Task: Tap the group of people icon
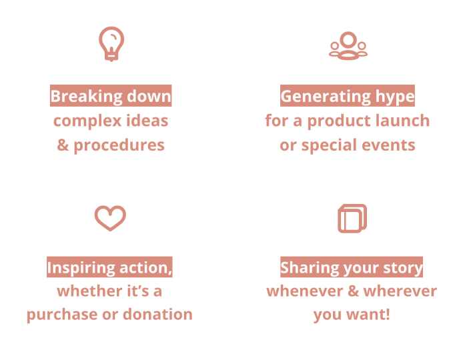(348, 46)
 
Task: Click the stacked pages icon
(352, 219)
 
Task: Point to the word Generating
(326, 97)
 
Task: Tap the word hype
(395, 97)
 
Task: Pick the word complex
(87, 121)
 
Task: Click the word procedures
(119, 145)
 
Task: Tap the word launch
(402, 121)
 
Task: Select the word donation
(157, 314)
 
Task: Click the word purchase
(62, 315)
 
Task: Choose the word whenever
(305, 291)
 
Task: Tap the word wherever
(400, 291)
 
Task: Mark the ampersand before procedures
(63, 145)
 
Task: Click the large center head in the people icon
(348, 40)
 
